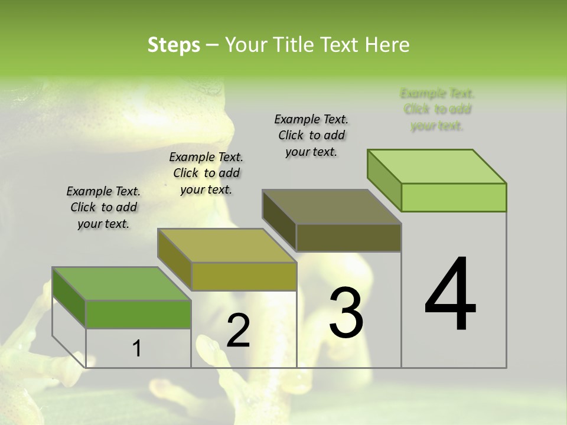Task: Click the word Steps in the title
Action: [174, 45]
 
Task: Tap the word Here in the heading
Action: [387, 45]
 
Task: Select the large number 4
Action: [450, 295]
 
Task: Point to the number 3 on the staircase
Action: [346, 313]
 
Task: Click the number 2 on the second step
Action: [238, 331]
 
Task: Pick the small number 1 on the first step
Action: [137, 349]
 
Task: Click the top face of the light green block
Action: [437, 166]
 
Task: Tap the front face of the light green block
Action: [454, 197]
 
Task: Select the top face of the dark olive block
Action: [332, 207]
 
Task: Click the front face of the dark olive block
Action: [348, 238]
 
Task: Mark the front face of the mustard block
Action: [243, 276]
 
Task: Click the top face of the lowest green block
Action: [122, 284]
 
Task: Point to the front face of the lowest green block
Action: [138, 314]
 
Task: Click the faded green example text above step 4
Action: [437, 110]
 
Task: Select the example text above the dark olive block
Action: [311, 135]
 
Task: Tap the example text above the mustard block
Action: [206, 173]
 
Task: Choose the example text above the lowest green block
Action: [103, 207]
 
